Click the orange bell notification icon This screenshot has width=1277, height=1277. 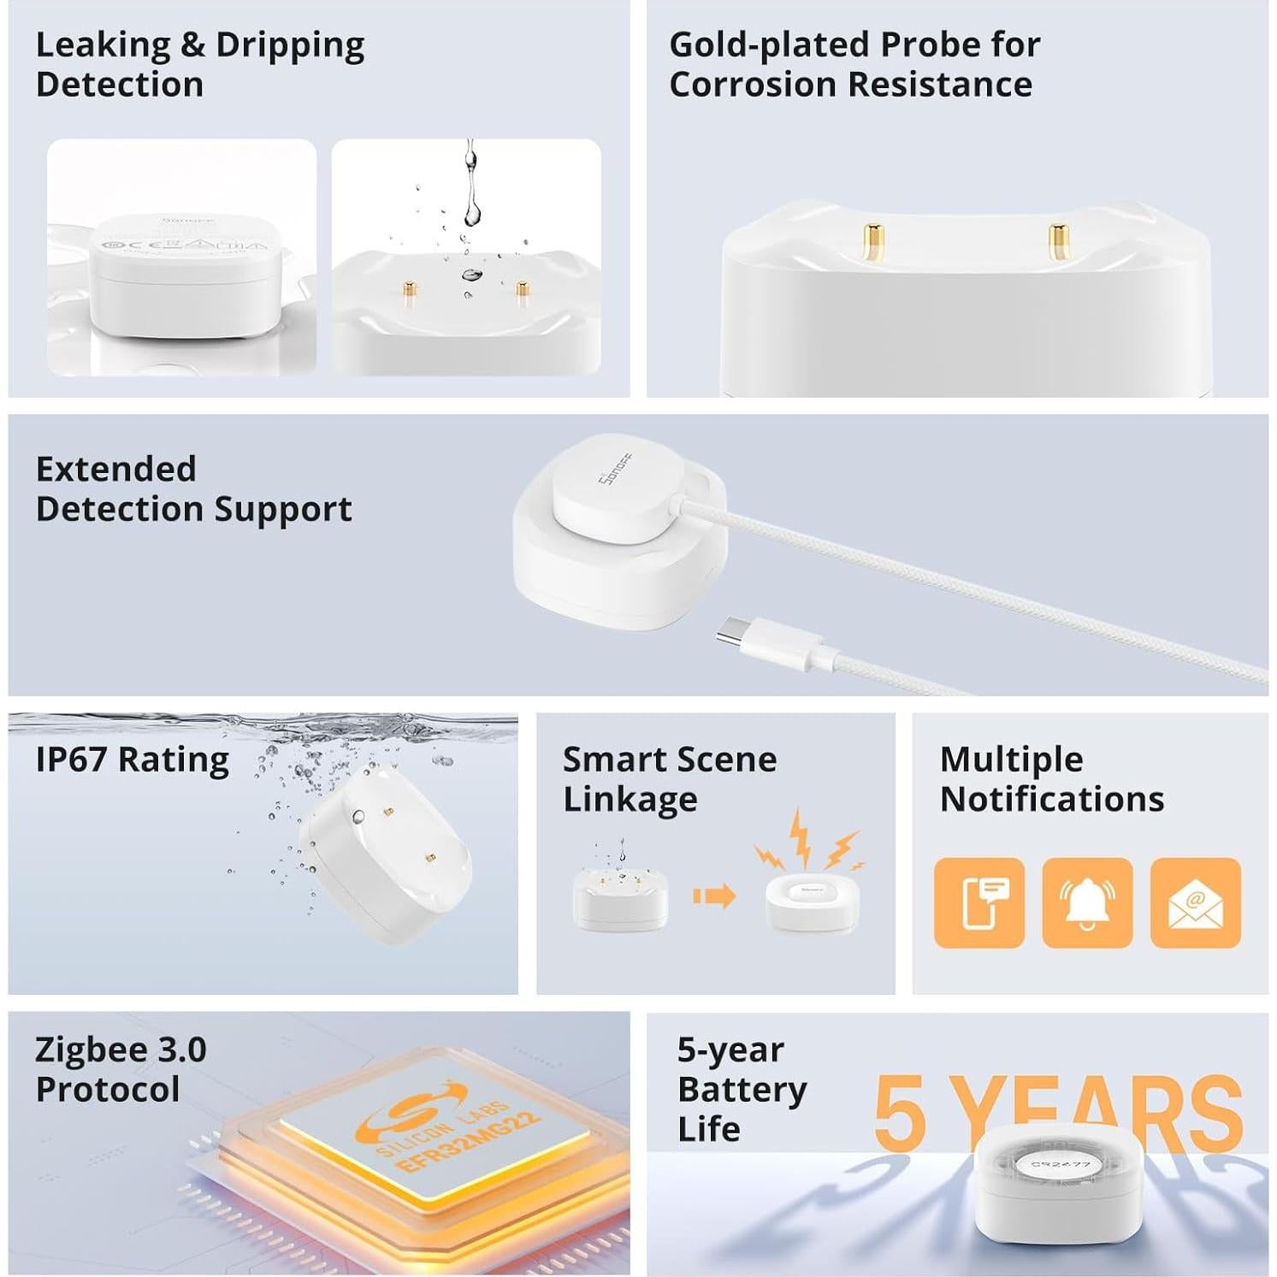[x=1087, y=902]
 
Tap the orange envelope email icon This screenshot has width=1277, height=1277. [x=1195, y=902]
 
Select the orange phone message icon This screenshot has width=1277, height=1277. [x=978, y=902]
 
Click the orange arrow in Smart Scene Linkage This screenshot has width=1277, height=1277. [x=713, y=896]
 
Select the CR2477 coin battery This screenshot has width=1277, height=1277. [x=1060, y=1164]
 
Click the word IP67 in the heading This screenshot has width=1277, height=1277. [x=72, y=759]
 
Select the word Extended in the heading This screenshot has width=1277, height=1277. [x=116, y=469]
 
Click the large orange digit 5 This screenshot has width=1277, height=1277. [x=900, y=1112]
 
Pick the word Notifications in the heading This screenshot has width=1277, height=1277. [x=1052, y=799]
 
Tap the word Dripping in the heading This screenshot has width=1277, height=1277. [x=290, y=44]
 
